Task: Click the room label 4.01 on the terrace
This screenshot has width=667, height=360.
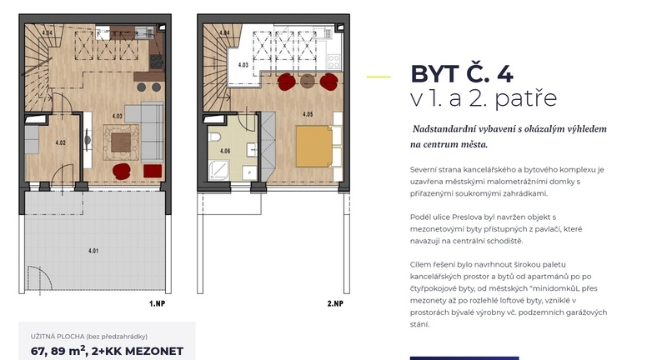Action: pos(93,251)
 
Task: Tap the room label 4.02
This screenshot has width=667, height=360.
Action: pos(60,142)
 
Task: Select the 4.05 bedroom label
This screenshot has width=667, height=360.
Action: pos(308,114)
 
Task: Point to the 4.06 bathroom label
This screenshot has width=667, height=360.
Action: pos(225,151)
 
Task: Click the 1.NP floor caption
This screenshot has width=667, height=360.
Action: pos(157,303)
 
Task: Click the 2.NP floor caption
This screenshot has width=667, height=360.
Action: pos(335,303)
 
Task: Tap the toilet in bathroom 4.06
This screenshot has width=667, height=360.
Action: pos(214,137)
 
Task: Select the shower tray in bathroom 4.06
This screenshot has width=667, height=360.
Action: pos(218,170)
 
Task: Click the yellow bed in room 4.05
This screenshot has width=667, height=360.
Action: pos(314,146)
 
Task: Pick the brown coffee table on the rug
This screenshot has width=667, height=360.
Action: pos(121,142)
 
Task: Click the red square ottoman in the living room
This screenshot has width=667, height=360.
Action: pos(153,171)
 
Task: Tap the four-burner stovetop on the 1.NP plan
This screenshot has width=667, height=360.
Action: pos(156,61)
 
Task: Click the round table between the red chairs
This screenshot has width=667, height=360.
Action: pos(307,81)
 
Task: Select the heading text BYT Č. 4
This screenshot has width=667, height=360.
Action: pos(462,73)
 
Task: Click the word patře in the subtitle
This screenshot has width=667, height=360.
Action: pos(526,97)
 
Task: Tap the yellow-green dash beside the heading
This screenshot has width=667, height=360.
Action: pos(379,77)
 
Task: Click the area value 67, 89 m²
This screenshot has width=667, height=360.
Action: pos(58,351)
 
